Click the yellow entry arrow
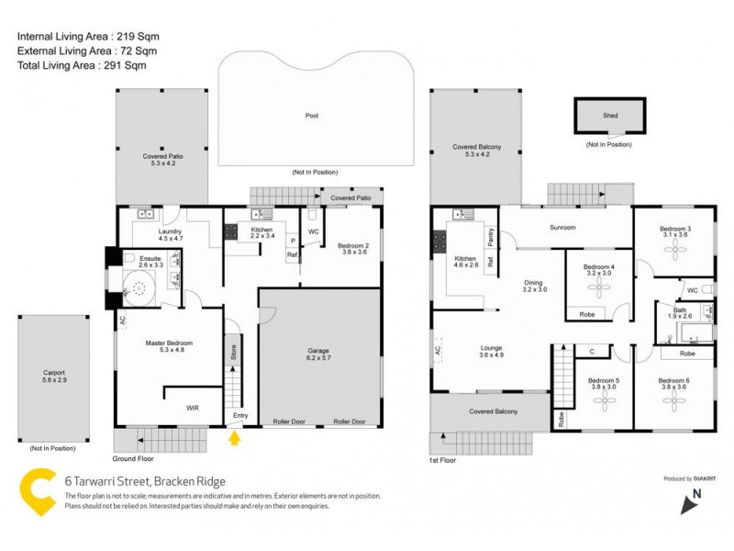click(234, 438)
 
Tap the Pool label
click(312, 116)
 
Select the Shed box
click(610, 116)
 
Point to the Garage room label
click(318, 351)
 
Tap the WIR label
click(192, 407)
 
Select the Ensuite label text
click(150, 259)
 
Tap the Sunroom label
click(562, 227)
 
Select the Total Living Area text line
click(82, 65)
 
